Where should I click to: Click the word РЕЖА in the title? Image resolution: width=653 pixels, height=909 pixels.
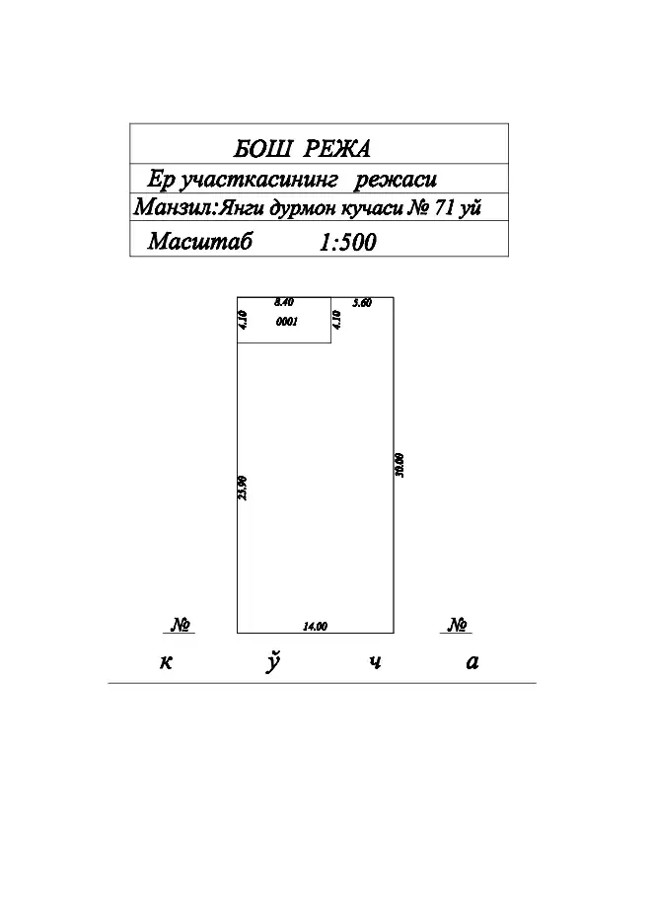pyautogui.click(x=336, y=149)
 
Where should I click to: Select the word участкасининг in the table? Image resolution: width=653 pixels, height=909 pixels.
pyautogui.click(x=258, y=180)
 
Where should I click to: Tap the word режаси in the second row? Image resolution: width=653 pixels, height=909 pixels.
pyautogui.click(x=396, y=180)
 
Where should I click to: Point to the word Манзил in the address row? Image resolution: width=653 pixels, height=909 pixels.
pyautogui.click(x=174, y=207)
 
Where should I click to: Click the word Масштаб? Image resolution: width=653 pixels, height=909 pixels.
pyautogui.click(x=200, y=241)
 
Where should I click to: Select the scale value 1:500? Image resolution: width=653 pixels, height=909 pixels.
pyautogui.click(x=347, y=243)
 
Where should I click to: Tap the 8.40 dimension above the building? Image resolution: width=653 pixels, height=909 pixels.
pyautogui.click(x=284, y=302)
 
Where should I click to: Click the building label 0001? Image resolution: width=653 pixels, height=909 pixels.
pyautogui.click(x=287, y=322)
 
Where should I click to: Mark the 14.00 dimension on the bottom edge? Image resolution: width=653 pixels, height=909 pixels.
pyautogui.click(x=316, y=626)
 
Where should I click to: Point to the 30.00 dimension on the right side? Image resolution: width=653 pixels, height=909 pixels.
pyautogui.click(x=399, y=465)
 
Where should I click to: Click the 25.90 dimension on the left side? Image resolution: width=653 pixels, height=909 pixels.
pyautogui.click(x=243, y=488)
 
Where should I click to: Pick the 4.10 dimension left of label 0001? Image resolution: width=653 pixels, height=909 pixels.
pyautogui.click(x=244, y=320)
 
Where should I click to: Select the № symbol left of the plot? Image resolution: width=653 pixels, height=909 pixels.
pyautogui.click(x=181, y=625)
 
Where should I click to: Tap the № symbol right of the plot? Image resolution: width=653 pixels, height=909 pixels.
pyautogui.click(x=458, y=625)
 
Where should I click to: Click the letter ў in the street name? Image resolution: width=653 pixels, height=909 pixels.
pyautogui.click(x=273, y=662)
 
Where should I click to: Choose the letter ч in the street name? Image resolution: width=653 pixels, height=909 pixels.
pyautogui.click(x=376, y=662)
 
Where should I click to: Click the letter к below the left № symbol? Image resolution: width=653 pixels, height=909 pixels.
pyautogui.click(x=167, y=662)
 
